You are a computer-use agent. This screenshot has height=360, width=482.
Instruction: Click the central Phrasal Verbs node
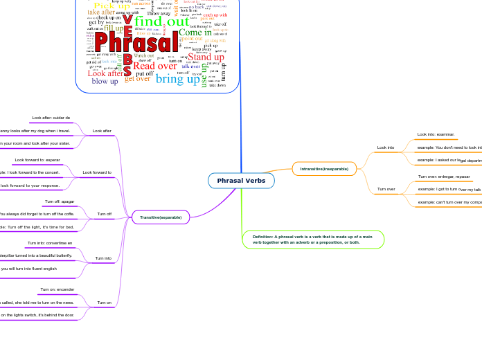pyautogui.click(x=241, y=181)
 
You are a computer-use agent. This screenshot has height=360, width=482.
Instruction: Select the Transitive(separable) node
pyautogui.click(x=160, y=217)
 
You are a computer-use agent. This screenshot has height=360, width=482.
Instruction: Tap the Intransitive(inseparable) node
pyautogui.click(x=324, y=169)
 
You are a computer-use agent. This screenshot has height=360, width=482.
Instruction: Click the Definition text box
pyautogui.click(x=313, y=240)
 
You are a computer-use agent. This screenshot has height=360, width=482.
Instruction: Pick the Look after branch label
pyautogui.click(x=102, y=131)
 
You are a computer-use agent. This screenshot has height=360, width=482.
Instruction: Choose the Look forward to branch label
pyautogui.click(x=97, y=172)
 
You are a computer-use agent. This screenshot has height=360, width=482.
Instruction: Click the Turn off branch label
pyautogui.click(x=105, y=214)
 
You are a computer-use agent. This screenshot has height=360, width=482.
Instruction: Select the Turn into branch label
pyautogui.click(x=103, y=258)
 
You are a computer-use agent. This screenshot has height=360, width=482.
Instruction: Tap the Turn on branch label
pyautogui.click(x=105, y=303)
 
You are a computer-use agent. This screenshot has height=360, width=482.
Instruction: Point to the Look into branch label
pyautogui.click(x=386, y=147)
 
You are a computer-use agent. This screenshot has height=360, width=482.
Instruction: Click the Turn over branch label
pyautogui.click(x=386, y=189)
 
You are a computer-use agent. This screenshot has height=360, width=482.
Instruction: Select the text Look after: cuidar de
pyautogui.click(x=51, y=118)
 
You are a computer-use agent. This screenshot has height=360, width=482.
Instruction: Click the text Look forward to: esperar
pyautogui.click(x=37, y=160)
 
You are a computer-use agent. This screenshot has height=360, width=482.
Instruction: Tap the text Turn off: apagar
pyautogui.click(x=60, y=201)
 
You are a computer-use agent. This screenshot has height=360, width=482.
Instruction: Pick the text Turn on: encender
pyautogui.click(x=57, y=289)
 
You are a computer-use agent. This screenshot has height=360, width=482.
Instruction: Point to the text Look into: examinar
pyautogui.click(x=436, y=134)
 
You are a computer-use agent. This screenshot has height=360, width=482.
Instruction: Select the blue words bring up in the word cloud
pyautogui.click(x=177, y=79)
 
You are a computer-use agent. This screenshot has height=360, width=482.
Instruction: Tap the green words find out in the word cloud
pyautogui.click(x=161, y=21)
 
